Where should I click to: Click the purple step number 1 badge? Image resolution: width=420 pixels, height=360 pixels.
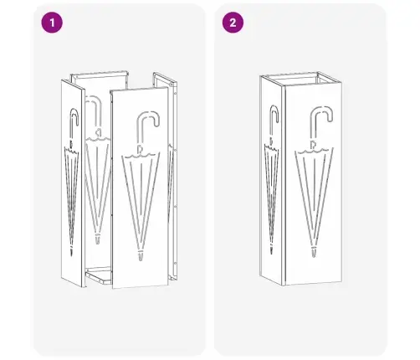pyautogui.click(x=52, y=23)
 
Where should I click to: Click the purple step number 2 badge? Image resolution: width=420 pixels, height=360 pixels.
pyautogui.click(x=233, y=23)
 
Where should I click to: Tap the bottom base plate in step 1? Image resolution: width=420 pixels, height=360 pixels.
pyautogui.click(x=99, y=275)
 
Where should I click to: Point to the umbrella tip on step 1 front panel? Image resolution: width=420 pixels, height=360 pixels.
pyautogui.click(x=141, y=256)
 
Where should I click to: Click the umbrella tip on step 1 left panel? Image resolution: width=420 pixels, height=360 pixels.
pyautogui.click(x=72, y=252)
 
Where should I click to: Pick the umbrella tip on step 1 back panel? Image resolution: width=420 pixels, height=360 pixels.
pyautogui.click(x=97, y=240)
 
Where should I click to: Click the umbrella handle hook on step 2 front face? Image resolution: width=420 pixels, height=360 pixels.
pyautogui.click(x=321, y=116)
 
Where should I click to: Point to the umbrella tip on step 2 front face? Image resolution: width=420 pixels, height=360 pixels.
pyautogui.click(x=314, y=252)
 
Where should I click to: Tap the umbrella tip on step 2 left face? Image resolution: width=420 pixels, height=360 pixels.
pyautogui.click(x=271, y=249)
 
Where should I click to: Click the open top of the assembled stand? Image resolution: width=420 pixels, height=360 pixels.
pyautogui.click(x=301, y=79)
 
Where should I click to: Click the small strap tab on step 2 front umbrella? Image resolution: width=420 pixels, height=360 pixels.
pyautogui.click(x=313, y=145)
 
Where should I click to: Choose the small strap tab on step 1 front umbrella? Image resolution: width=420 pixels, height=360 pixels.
pyautogui.click(x=140, y=150)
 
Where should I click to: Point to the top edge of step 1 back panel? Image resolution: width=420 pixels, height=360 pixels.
pyautogui.click(x=100, y=73)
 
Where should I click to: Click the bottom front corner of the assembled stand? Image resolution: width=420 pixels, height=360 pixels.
pyautogui.click(x=284, y=285)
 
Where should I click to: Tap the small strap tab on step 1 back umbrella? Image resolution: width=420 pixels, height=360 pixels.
pyautogui.click(x=98, y=133)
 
